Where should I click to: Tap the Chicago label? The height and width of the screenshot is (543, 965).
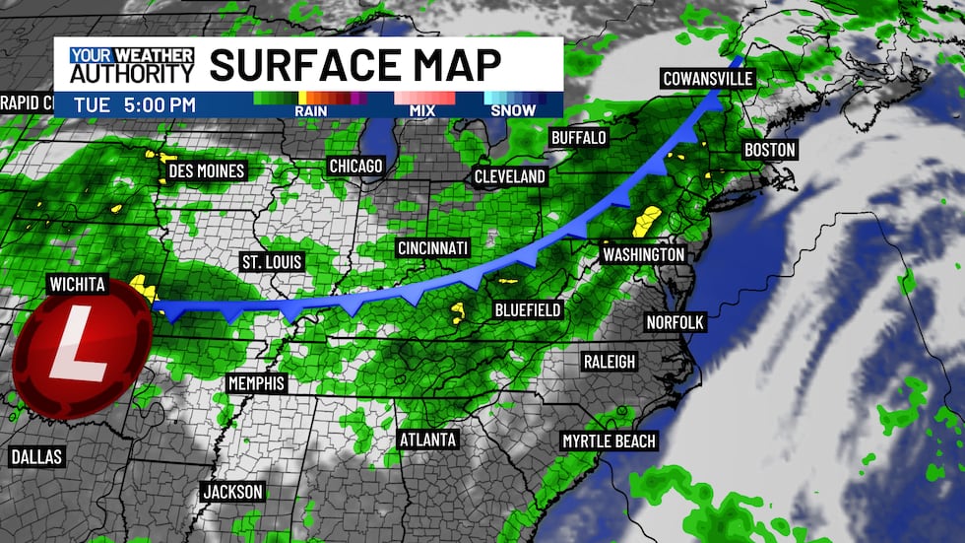coord(355,166)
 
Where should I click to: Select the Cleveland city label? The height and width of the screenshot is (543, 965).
coord(509,176)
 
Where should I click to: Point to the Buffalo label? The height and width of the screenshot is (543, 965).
coord(578,137)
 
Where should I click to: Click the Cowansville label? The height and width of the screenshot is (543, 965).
coord(707,79)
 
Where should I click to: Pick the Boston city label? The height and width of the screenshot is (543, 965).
coord(770,150)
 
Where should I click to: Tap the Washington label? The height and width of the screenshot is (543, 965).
coord(643,254)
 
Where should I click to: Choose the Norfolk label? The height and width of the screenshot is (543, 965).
coord(675,322)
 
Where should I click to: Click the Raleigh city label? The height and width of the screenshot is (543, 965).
coord(609,362)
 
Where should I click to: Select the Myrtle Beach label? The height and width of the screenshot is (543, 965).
coord(609,441)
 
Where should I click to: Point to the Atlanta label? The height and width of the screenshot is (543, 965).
coord(428,439)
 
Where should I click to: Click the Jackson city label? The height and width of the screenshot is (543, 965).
coord(232,491)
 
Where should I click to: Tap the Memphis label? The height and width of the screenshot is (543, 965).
coord(255,383)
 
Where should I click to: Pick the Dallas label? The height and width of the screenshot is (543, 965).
coord(36,456)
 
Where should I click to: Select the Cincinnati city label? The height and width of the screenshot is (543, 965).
coord(432,246)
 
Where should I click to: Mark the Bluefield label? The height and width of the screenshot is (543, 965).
coord(528,310)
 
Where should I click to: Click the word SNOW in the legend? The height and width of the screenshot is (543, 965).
coord(512,110)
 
